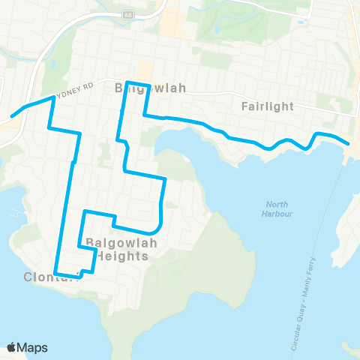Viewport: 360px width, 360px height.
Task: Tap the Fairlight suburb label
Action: (x=268, y=106)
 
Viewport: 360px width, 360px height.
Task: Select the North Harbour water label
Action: (x=278, y=209)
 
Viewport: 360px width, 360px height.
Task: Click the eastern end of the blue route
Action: (x=349, y=143)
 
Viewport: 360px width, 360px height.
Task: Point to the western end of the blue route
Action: (x=12, y=117)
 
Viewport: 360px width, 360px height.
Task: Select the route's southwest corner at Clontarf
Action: (x=56, y=274)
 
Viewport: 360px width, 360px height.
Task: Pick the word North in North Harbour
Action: (x=278, y=204)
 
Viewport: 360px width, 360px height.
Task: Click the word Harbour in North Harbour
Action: (x=278, y=214)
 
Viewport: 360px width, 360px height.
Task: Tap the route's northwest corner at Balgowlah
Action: (x=127, y=82)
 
